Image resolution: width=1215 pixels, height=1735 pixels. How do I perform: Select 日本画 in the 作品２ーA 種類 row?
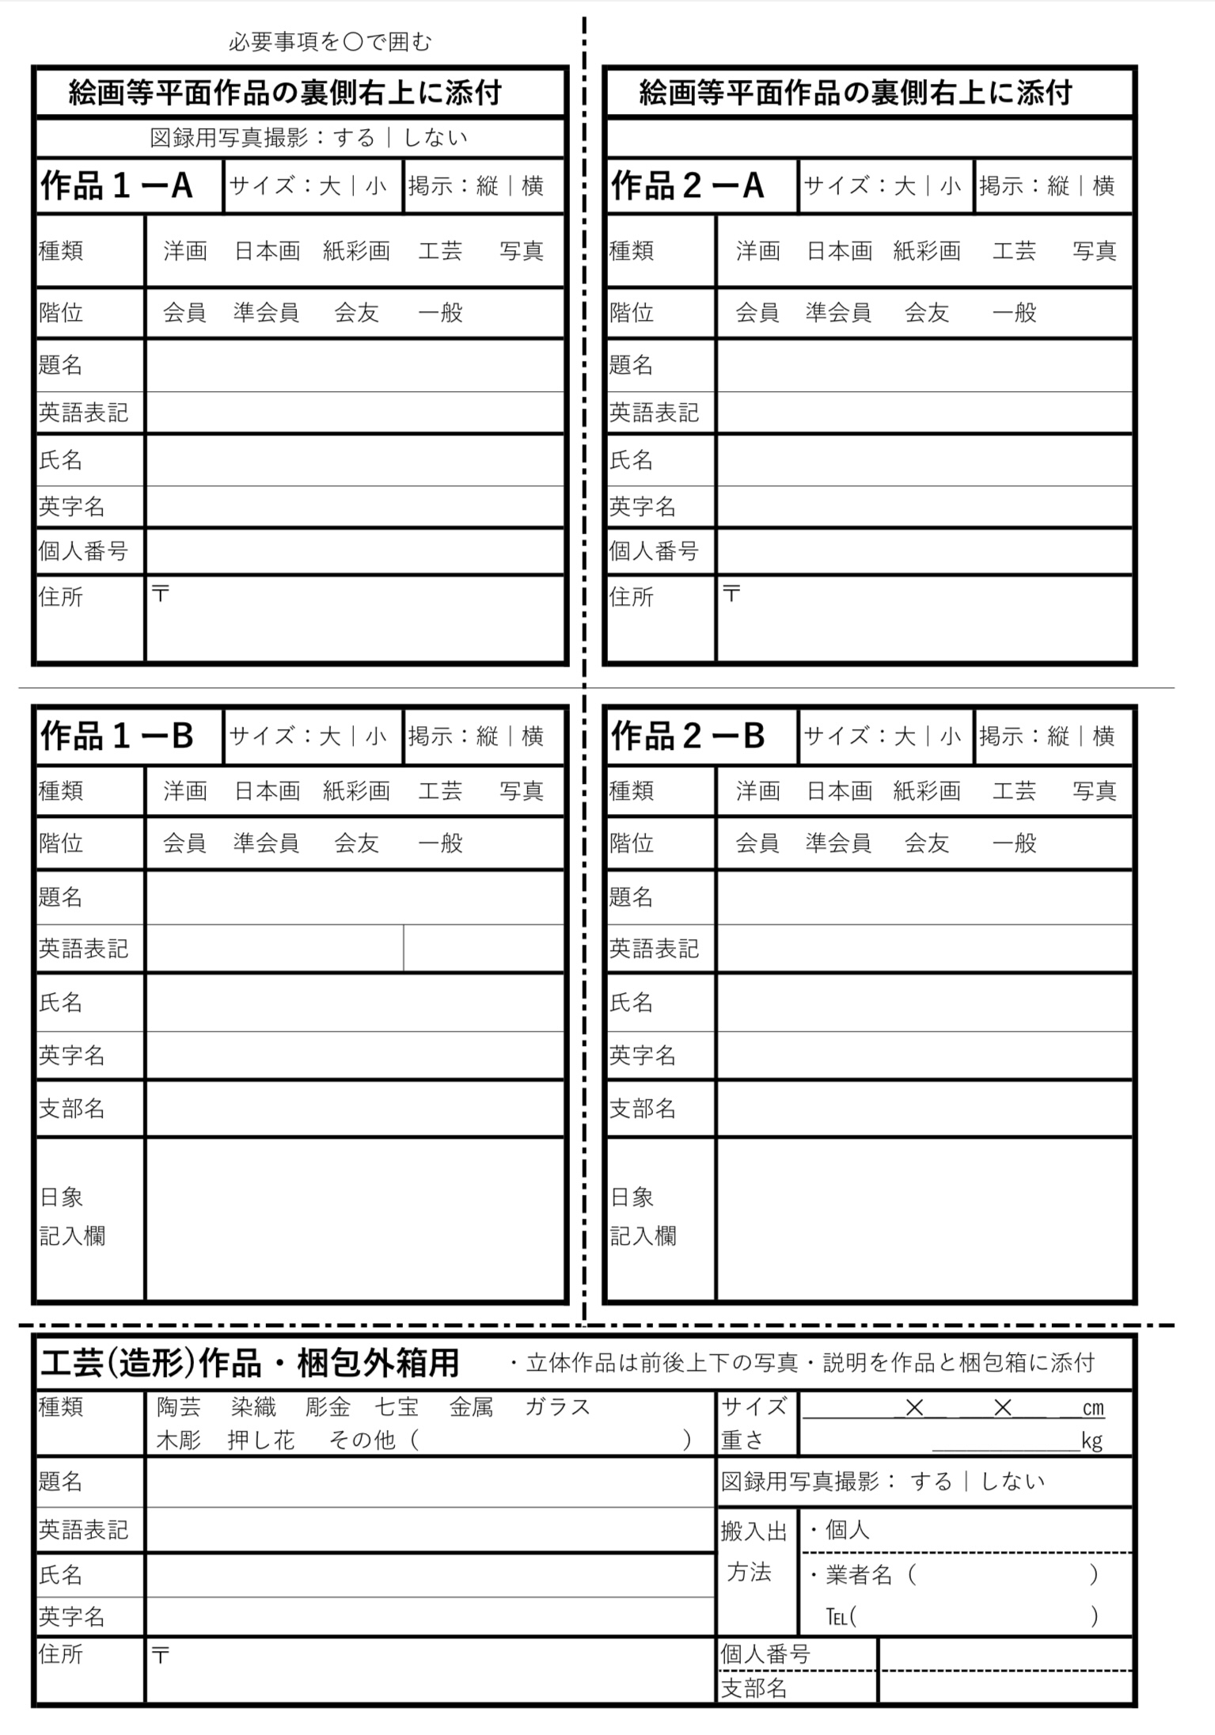[x=839, y=252]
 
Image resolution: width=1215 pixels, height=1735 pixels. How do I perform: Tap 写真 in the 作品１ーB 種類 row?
[x=521, y=791]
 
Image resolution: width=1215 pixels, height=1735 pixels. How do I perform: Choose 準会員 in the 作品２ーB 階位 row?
[x=837, y=843]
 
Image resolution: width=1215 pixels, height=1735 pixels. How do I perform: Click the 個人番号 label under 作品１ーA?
[x=83, y=551]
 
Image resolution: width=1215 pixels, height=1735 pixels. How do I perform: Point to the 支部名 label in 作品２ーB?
[x=642, y=1109]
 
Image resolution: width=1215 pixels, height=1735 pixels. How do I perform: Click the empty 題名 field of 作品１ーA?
[x=355, y=366]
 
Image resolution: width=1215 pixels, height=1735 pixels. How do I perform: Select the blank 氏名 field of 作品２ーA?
[x=924, y=460]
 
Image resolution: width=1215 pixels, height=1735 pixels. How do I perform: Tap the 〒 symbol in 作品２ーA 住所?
[x=731, y=593]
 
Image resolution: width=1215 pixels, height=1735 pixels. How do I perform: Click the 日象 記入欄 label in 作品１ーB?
[x=73, y=1216]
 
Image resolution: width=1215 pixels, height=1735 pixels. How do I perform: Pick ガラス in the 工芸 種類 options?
[x=557, y=1407]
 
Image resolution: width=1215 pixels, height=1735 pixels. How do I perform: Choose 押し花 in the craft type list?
[x=260, y=1440]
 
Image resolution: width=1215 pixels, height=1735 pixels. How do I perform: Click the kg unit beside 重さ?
[x=1092, y=1440]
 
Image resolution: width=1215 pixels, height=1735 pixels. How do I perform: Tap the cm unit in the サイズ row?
[x=1092, y=1408]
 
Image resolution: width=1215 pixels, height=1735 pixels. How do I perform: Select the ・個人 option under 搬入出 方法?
[x=841, y=1530]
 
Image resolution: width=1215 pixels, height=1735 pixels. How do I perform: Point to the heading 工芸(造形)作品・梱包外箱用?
[x=249, y=1363]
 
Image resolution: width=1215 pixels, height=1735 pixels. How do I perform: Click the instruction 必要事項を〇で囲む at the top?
[x=330, y=42]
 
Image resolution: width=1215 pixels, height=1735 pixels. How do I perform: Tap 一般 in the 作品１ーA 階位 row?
[x=440, y=313]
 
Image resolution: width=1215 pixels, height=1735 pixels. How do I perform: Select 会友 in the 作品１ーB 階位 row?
[x=356, y=843]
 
